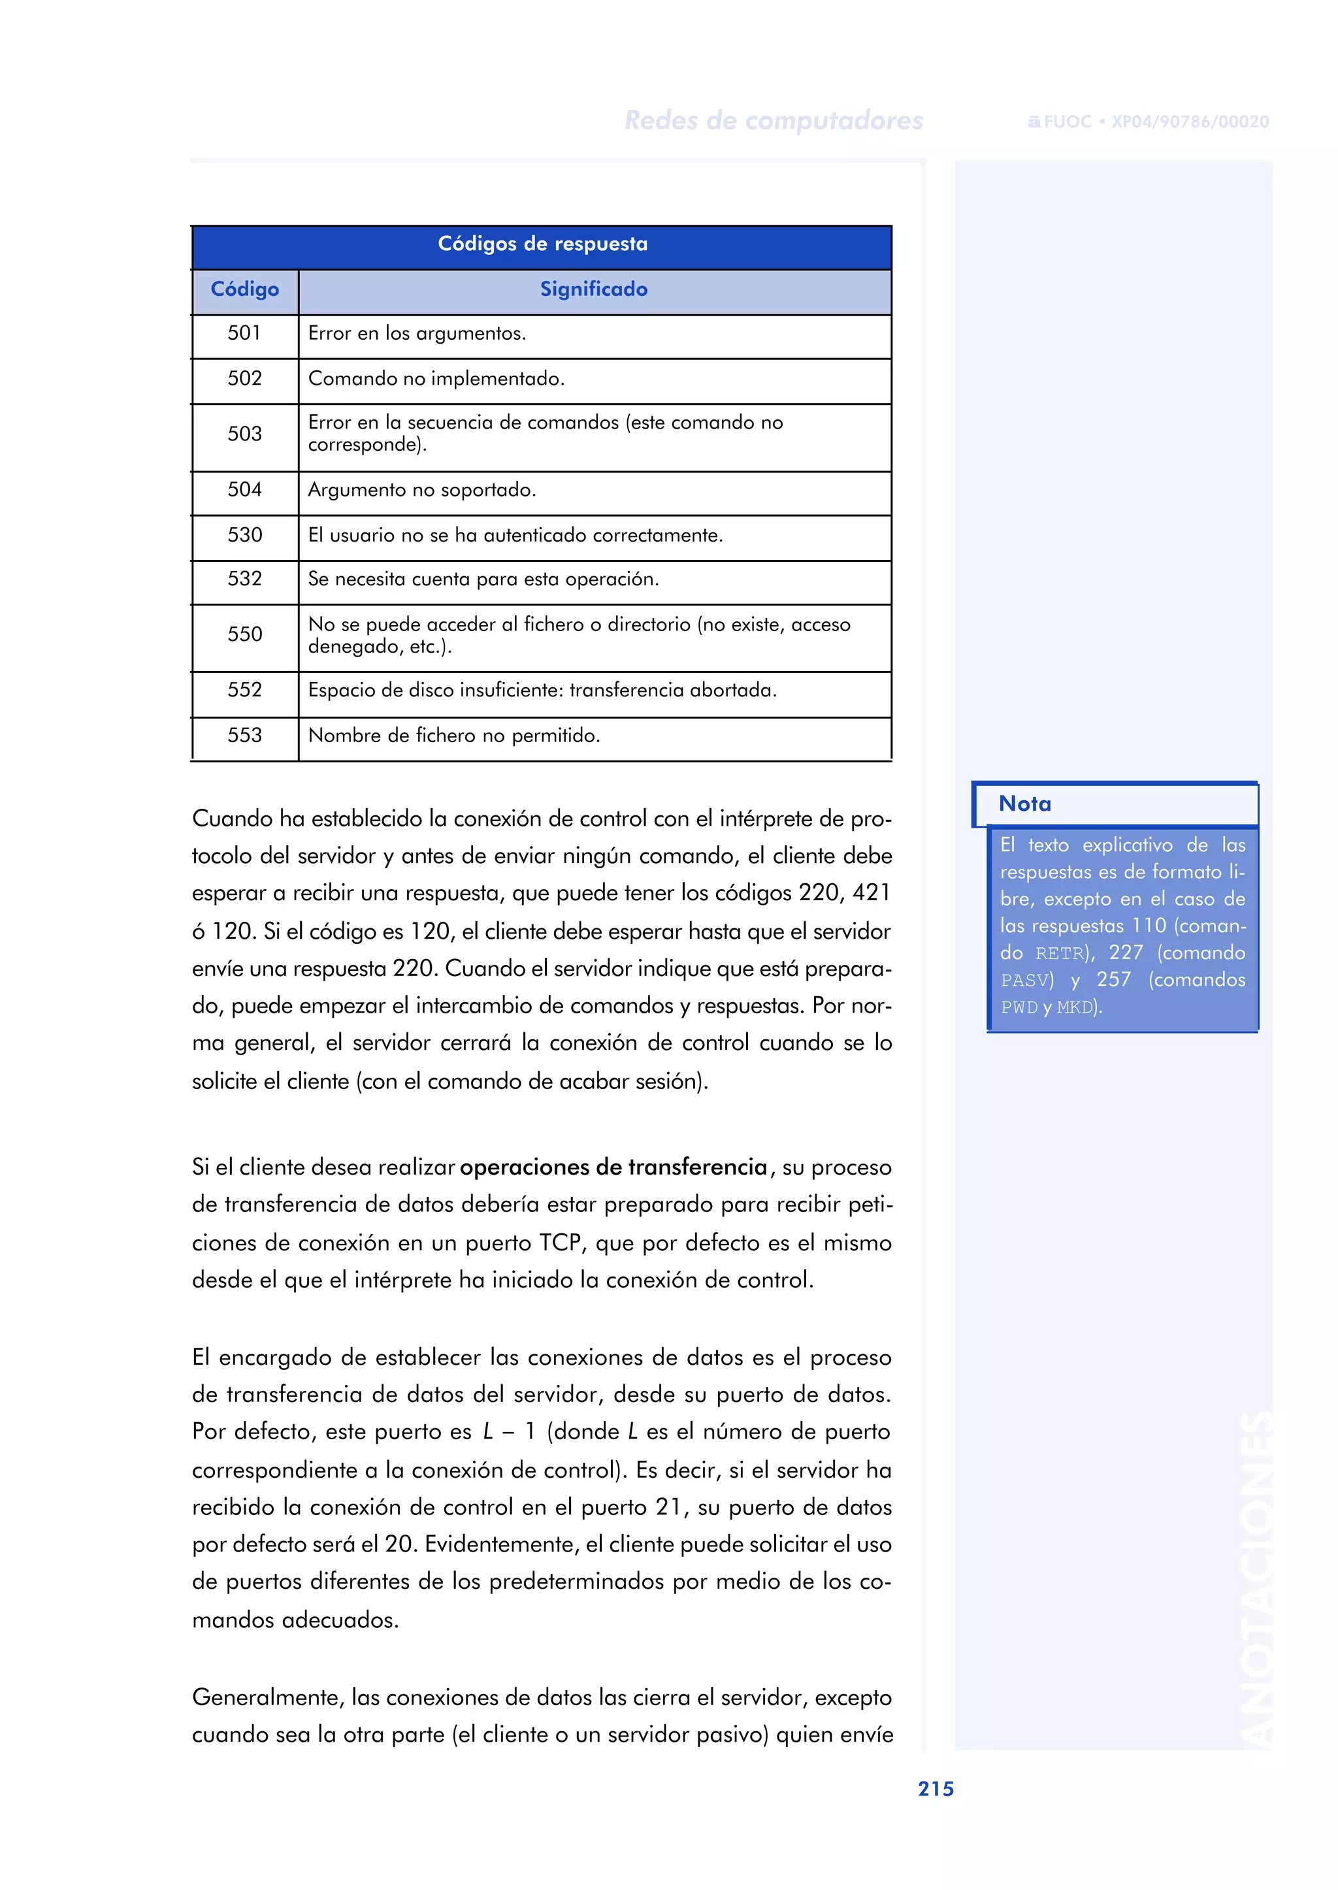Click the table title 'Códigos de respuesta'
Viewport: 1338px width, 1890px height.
542,244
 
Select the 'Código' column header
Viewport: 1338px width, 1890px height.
245,289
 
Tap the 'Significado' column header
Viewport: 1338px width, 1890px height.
593,289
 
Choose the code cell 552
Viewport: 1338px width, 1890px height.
245,691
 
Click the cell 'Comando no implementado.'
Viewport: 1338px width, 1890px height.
436,379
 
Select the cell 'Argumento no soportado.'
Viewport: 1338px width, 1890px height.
422,490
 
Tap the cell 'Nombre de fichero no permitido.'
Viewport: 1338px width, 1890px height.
454,736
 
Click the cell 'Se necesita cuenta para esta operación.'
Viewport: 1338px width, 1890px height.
483,579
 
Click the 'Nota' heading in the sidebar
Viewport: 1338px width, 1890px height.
1025,804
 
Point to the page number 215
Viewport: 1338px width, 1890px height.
936,1789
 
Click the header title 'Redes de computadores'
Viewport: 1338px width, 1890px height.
774,121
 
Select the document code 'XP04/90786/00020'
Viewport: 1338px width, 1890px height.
1190,122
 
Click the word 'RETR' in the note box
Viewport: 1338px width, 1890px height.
1060,954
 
